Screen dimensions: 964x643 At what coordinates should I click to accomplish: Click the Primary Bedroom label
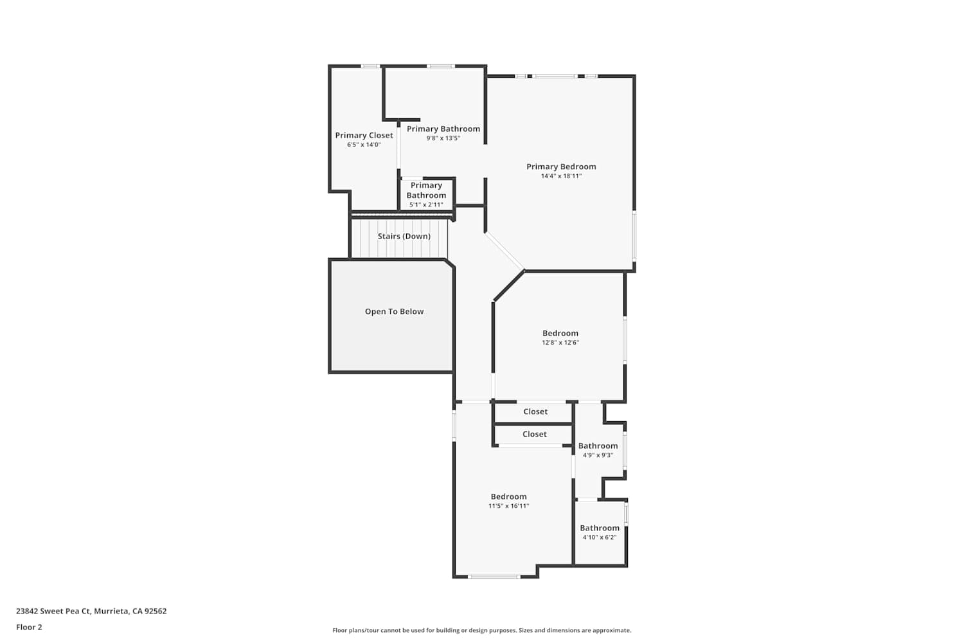pos(561,167)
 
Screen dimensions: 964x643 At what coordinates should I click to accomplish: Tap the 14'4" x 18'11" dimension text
pos(561,176)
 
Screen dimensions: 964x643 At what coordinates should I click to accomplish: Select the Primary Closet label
pos(364,135)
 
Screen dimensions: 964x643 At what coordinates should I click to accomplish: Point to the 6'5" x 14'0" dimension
pos(364,145)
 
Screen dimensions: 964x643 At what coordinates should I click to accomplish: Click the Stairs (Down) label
pos(404,236)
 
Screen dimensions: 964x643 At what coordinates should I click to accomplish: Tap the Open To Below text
pos(394,311)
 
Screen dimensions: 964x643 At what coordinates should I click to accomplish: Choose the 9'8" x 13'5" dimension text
pos(443,138)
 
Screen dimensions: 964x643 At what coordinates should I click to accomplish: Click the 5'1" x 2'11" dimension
pos(426,205)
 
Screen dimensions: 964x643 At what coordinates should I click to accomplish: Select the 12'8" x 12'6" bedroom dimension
pos(560,343)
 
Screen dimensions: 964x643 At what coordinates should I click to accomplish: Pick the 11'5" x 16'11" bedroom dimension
pos(509,506)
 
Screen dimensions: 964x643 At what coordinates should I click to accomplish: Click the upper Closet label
pos(535,412)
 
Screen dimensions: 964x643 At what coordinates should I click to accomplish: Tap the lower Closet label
pos(535,434)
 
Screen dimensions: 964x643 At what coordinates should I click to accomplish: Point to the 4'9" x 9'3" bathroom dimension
pos(598,455)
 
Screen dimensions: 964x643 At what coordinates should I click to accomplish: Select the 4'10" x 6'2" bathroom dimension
pos(600,538)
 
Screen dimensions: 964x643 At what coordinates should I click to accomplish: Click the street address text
pos(91,611)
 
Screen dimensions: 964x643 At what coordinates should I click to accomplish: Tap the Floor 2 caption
pos(30,627)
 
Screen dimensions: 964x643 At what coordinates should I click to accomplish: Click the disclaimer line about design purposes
pos(481,631)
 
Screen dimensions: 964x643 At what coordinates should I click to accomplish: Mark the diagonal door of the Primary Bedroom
pos(504,251)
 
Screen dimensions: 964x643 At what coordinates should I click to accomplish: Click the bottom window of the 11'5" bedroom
pos(494,577)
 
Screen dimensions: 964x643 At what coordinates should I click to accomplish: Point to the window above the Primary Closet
pos(370,66)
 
